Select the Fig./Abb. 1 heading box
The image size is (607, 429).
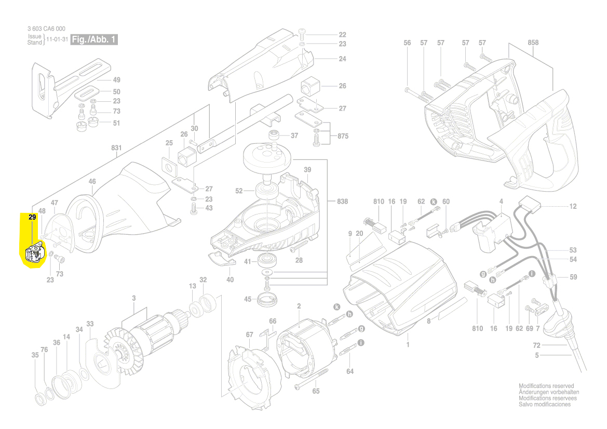(x=95, y=40)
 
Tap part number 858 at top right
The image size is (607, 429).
(x=533, y=43)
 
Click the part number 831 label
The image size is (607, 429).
(x=116, y=148)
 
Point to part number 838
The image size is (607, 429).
(x=342, y=201)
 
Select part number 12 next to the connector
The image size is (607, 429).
(x=573, y=206)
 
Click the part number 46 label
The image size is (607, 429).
(x=92, y=181)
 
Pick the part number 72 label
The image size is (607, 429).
(x=537, y=345)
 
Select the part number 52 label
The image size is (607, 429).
(x=239, y=191)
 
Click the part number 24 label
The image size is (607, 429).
(x=342, y=59)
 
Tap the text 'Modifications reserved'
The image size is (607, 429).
(x=546, y=386)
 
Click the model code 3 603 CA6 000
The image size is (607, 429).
(x=46, y=29)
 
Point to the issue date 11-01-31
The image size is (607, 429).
(x=57, y=39)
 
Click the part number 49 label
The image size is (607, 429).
(x=116, y=80)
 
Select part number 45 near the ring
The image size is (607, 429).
(x=248, y=299)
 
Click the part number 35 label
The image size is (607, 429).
(x=35, y=355)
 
